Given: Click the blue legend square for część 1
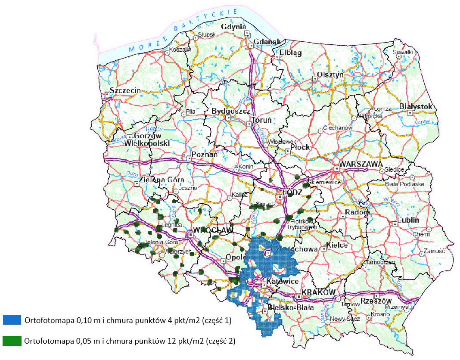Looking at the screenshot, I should [x=12, y=320].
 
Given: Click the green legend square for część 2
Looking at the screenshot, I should [x=12, y=341].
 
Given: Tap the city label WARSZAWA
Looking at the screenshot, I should [x=361, y=164].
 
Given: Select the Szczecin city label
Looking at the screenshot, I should [x=125, y=90].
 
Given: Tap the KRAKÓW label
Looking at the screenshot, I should [x=318, y=292].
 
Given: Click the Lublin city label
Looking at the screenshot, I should [x=409, y=220].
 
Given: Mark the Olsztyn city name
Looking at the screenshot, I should [x=330, y=74].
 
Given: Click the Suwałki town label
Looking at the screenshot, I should [x=404, y=52].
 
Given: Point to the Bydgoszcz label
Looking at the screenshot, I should [x=231, y=111].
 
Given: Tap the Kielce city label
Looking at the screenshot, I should [x=337, y=245].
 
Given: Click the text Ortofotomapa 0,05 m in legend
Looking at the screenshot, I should [x=54, y=341].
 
